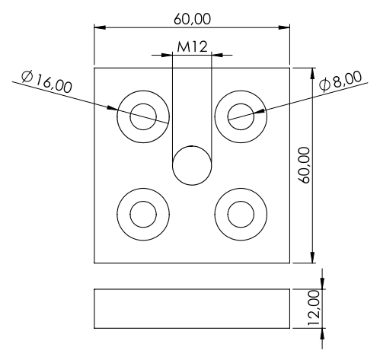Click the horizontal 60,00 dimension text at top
[192, 20]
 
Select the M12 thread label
[192, 47]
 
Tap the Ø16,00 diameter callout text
[46, 82]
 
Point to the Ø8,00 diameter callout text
[340, 81]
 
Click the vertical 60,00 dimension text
[304, 165]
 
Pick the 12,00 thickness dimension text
[314, 308]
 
